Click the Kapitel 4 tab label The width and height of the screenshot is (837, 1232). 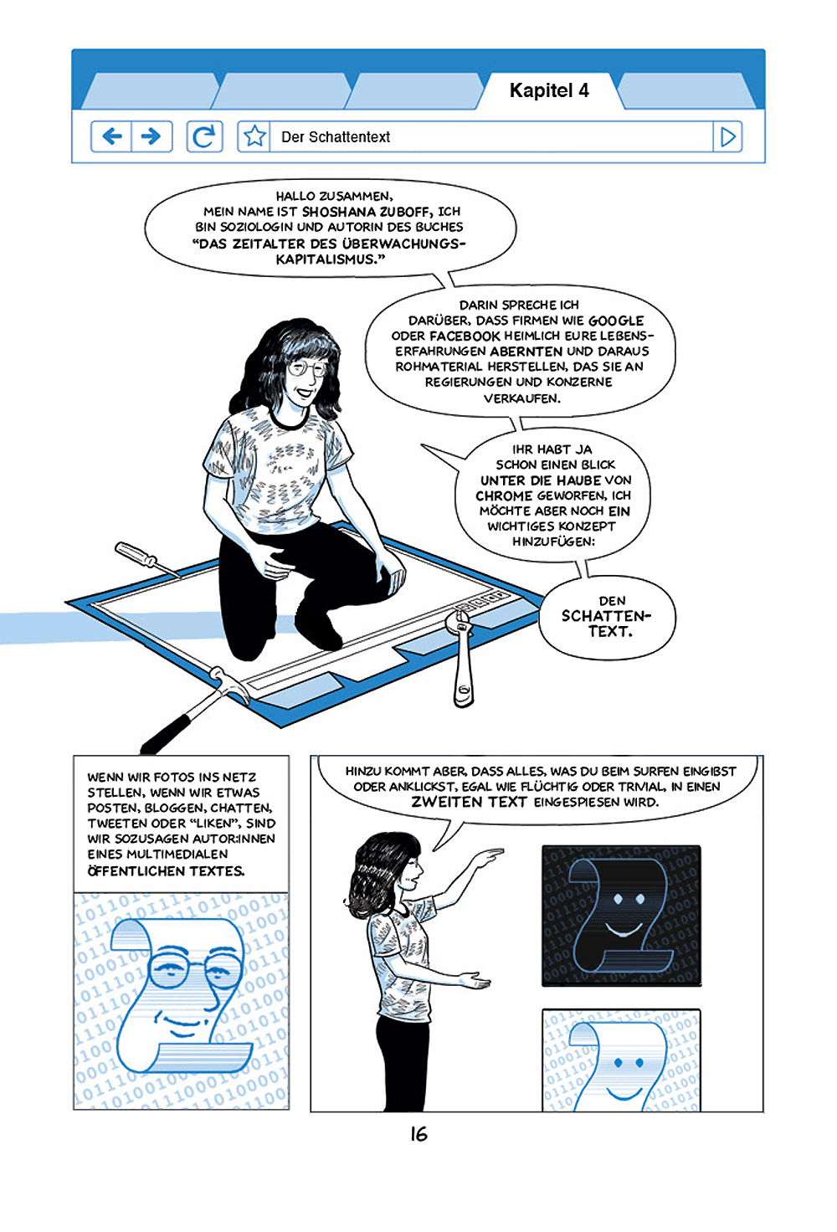pos(549,90)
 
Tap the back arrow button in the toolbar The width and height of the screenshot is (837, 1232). pos(111,136)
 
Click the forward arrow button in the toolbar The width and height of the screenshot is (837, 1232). pos(151,136)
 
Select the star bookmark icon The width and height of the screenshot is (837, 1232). pos(254,136)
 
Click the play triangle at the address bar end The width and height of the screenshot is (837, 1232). pos(727,136)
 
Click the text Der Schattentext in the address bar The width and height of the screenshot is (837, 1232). pos(336,137)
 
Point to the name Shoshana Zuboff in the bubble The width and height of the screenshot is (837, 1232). pos(365,212)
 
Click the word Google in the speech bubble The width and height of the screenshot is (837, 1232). pos(616,321)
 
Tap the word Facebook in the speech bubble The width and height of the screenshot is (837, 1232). pos(465,336)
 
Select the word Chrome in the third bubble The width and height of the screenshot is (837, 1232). pos(505,495)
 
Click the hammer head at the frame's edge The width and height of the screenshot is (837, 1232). pos(224,684)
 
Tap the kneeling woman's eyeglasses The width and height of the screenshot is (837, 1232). pos(306,367)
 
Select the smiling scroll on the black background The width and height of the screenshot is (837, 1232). pos(621,916)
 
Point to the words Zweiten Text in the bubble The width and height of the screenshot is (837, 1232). pos(469,802)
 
